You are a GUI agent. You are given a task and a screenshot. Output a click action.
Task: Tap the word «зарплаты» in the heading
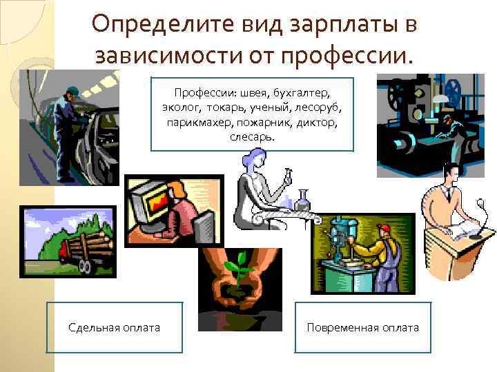click(x=331, y=25)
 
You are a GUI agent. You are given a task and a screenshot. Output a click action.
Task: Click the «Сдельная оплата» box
click(x=115, y=328)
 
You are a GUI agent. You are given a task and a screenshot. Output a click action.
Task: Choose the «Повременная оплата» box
click(x=362, y=328)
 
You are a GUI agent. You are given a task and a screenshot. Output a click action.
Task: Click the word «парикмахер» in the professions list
click(x=197, y=122)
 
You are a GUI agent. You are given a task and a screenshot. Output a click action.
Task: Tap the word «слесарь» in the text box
click(x=251, y=136)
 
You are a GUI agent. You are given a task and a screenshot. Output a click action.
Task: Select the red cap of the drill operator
click(x=384, y=229)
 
